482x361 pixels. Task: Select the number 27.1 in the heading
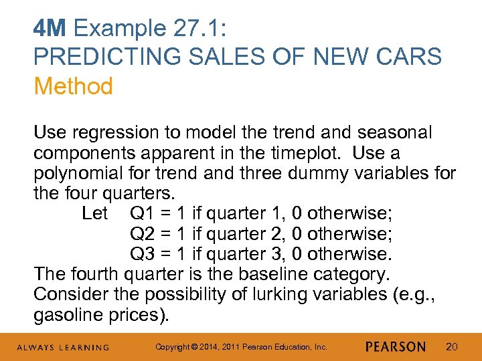(x=193, y=28)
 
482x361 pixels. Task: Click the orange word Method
(x=73, y=86)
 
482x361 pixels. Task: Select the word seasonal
(x=392, y=133)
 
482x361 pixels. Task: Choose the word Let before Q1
(x=95, y=214)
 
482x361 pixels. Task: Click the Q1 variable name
(x=143, y=214)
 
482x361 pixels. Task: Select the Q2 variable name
(x=143, y=234)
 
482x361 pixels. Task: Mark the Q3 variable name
(x=143, y=254)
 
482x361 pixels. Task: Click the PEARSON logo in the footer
(x=395, y=347)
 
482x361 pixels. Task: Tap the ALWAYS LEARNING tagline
(x=64, y=348)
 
